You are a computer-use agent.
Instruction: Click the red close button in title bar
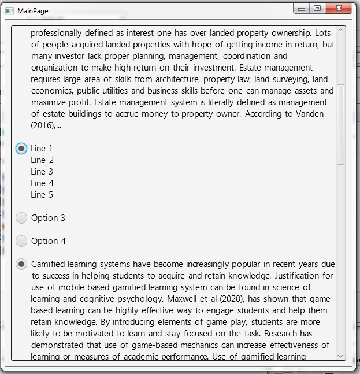point(339,8)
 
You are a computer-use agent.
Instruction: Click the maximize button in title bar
point(317,8)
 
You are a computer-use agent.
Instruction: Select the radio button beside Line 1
point(21,149)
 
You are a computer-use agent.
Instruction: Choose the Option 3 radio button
point(21,218)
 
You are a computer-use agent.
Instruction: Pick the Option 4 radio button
point(21,241)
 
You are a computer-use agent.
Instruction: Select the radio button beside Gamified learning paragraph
point(21,264)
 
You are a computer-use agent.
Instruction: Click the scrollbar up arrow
point(340,30)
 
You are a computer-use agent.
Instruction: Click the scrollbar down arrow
point(340,356)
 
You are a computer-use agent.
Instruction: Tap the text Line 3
point(42,172)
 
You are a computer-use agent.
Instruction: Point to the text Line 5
point(42,195)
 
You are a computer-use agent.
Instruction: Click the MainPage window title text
point(33,11)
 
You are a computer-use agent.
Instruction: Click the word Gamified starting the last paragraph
point(50,264)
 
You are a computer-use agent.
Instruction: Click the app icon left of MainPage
point(9,11)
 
